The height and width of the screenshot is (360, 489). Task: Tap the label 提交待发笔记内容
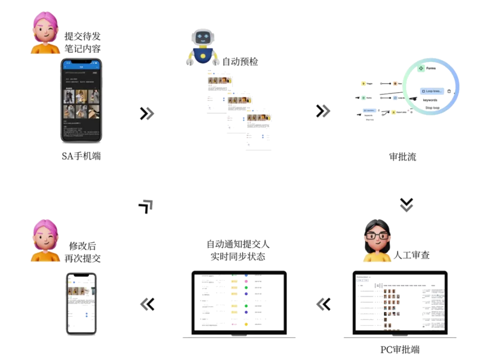pos(82,42)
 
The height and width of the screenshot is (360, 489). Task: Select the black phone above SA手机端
pos(81,101)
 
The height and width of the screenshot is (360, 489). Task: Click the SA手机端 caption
pos(81,157)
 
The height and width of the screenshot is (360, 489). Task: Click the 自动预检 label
pos(241,62)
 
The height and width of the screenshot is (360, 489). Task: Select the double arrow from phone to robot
pos(146,113)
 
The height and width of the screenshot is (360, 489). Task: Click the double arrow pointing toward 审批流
pos(323,111)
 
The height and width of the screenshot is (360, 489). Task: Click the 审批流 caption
pos(402,157)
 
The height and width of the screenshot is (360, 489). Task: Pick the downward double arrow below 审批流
pos(407,204)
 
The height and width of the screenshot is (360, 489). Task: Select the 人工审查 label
pos(412,255)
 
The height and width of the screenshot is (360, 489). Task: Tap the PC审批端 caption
pos(400,350)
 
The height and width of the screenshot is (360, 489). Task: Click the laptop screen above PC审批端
pos(400,302)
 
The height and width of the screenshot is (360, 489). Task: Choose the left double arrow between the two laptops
pos(324,304)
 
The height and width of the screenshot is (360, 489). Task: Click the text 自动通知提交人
pos(238,245)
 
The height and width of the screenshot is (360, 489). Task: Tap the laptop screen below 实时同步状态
pos(239,302)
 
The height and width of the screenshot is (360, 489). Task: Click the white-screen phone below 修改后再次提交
pos(81,303)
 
